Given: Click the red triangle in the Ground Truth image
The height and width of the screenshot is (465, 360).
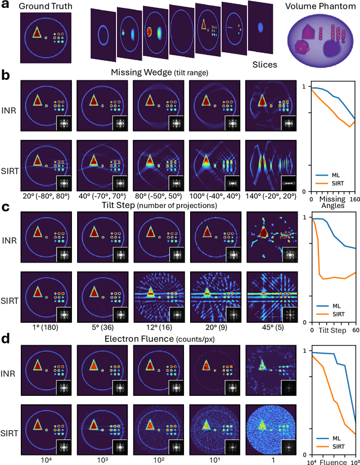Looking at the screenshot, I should [37, 33].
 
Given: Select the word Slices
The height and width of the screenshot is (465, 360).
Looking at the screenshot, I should [264, 65].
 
